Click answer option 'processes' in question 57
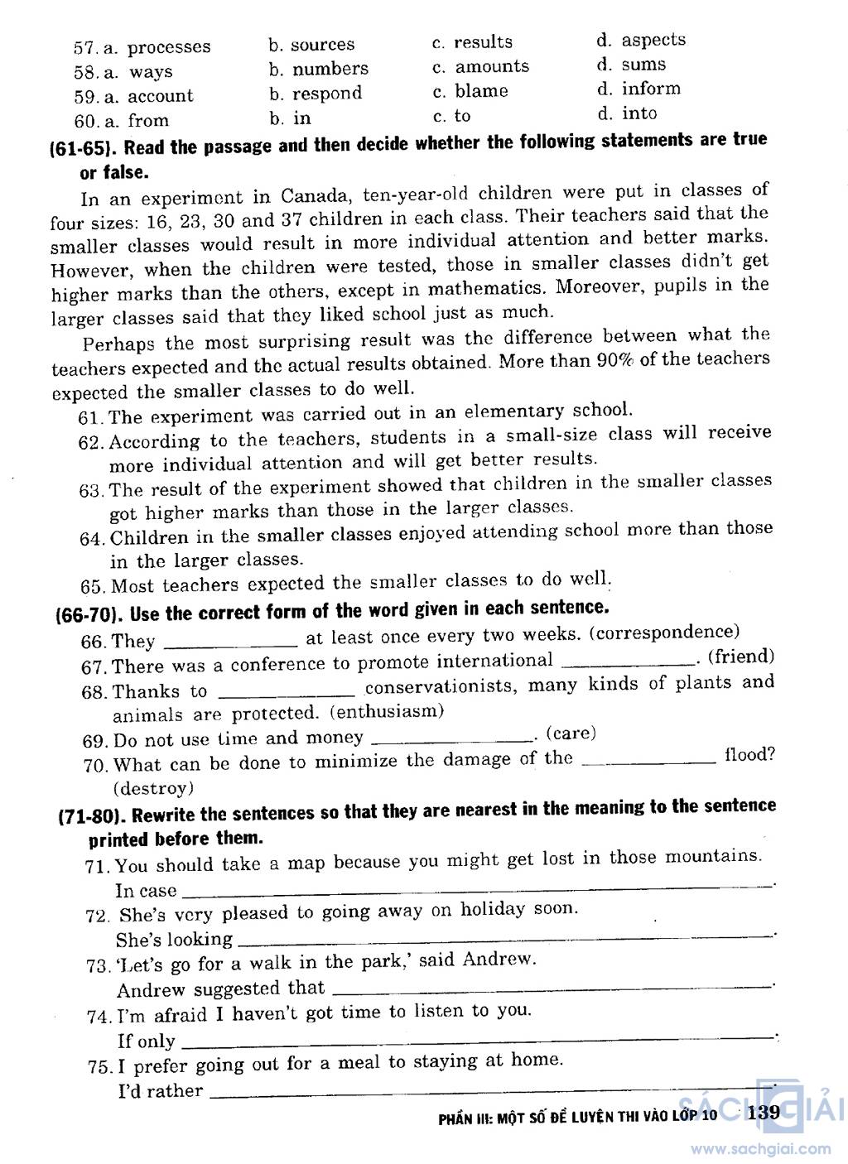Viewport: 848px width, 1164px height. (169, 47)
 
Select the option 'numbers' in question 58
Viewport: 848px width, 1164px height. (330, 69)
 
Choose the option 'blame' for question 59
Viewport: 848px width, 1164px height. (481, 91)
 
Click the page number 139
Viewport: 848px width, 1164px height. (763, 1113)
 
